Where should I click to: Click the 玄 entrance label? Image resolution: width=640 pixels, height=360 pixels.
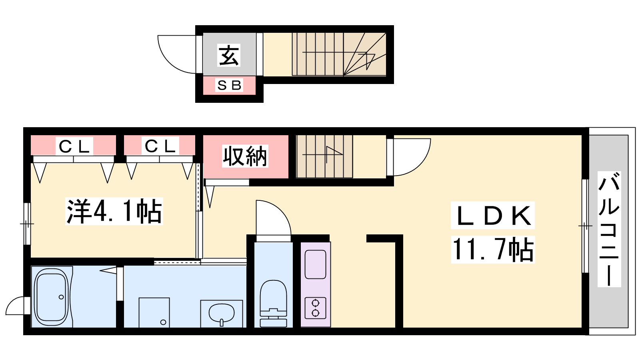pos(228,56)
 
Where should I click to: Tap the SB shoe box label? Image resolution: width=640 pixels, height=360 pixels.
pos(229,85)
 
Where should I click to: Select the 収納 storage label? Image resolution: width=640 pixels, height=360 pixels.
pos(245,156)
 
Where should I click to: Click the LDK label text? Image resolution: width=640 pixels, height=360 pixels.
pos(492,216)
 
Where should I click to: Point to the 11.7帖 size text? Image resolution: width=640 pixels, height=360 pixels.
pos(493,250)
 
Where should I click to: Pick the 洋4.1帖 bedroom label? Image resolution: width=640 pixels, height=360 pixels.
pos(114,211)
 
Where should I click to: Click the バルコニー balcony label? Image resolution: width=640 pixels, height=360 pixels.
pos(609,229)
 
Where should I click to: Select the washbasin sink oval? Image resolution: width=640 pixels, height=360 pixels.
pos(222,313)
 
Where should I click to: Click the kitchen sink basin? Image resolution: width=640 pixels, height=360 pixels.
pos(316,264)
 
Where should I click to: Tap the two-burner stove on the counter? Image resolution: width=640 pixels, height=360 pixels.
pos(316,308)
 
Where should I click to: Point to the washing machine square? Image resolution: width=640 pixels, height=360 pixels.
pos(154,312)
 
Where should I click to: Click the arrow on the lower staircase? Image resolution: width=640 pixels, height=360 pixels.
pos(322,154)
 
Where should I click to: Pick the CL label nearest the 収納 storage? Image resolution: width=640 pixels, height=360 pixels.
pos(160,146)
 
